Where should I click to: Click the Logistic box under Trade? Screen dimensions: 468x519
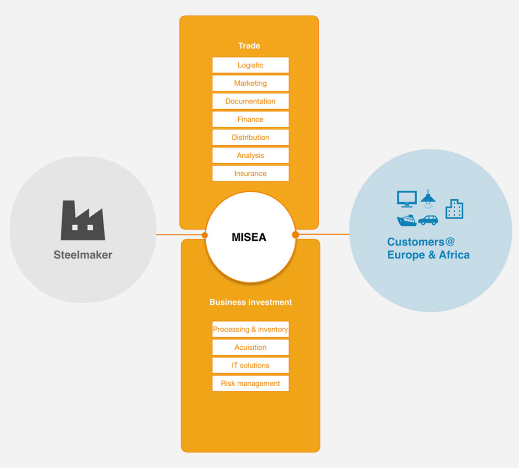[x=250, y=65]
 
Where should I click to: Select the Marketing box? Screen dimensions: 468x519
[x=250, y=83]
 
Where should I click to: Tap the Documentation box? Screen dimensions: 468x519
[x=250, y=101]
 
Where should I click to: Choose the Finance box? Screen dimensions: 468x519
[x=250, y=119]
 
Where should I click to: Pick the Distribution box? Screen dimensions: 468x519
[x=250, y=137]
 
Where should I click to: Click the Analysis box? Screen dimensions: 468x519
[x=250, y=156]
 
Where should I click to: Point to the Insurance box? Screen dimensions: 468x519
[x=250, y=173]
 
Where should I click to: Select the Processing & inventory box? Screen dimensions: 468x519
[x=250, y=330]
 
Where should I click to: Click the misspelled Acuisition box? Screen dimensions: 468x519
[x=250, y=347]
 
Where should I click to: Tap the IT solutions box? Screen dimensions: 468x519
[x=250, y=366]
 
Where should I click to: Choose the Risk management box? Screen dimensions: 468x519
[x=250, y=383]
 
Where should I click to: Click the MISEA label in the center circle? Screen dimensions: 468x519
[x=249, y=237]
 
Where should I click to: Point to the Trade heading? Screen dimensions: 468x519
[x=249, y=46]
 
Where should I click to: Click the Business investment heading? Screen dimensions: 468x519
[x=250, y=302]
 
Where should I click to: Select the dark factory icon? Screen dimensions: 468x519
[x=83, y=221]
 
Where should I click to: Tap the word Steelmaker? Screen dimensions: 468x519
[x=83, y=255]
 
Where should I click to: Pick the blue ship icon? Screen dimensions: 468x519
[x=407, y=220]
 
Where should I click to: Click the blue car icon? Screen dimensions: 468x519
[x=428, y=220]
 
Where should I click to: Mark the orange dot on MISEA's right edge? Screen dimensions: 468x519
[x=295, y=235]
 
